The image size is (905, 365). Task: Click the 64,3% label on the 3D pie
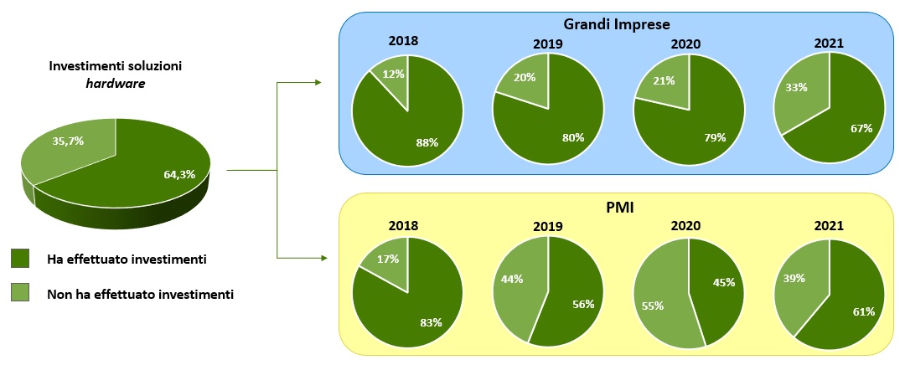tap(178, 174)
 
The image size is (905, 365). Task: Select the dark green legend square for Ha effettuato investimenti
tap(22, 260)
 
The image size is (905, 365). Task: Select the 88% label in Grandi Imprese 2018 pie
tap(427, 141)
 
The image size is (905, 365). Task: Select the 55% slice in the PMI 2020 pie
tap(653, 305)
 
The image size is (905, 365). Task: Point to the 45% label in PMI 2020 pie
tap(722, 282)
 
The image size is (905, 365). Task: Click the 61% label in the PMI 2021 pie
tap(863, 311)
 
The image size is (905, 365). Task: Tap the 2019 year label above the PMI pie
tap(547, 226)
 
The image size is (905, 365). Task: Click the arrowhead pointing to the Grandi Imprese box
tap(317, 82)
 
